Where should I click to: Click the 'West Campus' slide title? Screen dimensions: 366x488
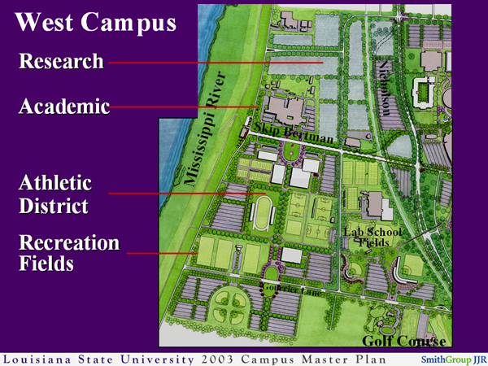click(x=95, y=23)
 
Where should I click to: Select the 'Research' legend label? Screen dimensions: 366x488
click(x=62, y=62)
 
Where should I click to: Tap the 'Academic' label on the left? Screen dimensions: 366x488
click(x=63, y=107)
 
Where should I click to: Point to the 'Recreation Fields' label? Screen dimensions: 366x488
click(x=69, y=252)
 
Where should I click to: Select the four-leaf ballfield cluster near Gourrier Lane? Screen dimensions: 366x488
click(x=231, y=310)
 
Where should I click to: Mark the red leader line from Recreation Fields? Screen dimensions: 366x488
click(x=163, y=253)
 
